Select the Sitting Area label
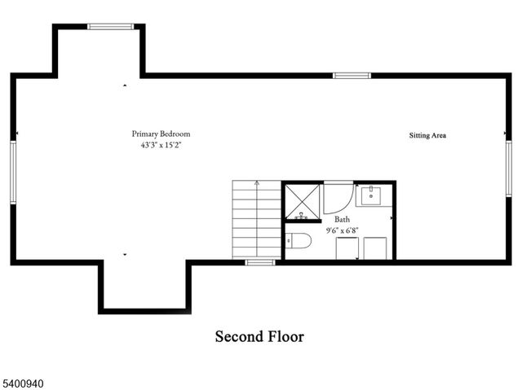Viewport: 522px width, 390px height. pyautogui.click(x=427, y=135)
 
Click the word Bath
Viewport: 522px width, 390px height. pyautogui.click(x=343, y=219)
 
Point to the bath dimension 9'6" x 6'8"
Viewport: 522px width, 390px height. pyautogui.click(x=343, y=230)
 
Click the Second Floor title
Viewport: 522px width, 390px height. pyautogui.click(x=259, y=336)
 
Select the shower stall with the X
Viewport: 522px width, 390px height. pyautogui.click(x=303, y=202)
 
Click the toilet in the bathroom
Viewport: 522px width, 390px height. pyautogui.click(x=299, y=241)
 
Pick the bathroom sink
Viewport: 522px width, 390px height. pyautogui.click(x=374, y=195)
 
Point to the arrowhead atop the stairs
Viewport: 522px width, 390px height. pyautogui.click(x=257, y=184)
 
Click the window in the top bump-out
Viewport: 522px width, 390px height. pyautogui.click(x=111, y=27)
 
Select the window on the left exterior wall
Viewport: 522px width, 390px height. pyautogui.click(x=13, y=170)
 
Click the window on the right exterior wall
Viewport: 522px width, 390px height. pyautogui.click(x=508, y=172)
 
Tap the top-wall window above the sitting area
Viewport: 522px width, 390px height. pyautogui.click(x=352, y=76)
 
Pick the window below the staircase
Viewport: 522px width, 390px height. pyautogui.click(x=260, y=262)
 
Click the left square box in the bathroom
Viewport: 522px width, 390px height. pyautogui.click(x=347, y=248)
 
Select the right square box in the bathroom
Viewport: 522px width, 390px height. pyautogui.click(x=375, y=248)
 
